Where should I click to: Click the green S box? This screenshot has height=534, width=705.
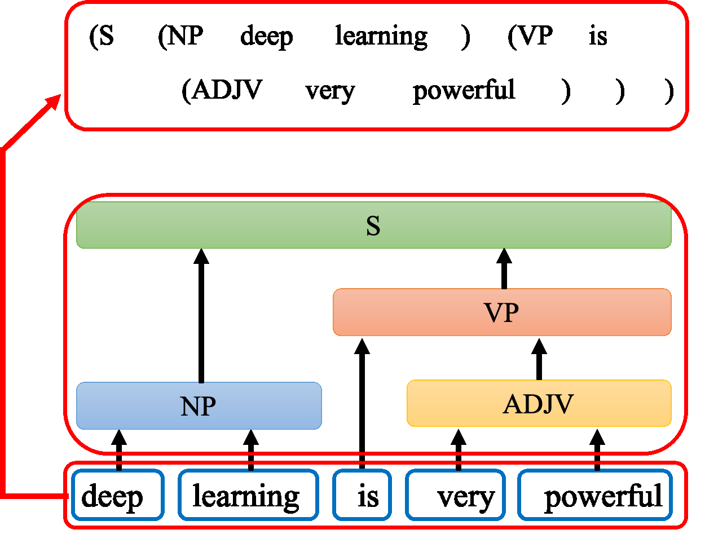[x=373, y=225]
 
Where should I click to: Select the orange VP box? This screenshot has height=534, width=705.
[x=502, y=312]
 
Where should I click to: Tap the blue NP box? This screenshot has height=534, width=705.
[x=199, y=405]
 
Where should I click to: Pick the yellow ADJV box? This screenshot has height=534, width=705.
[x=539, y=403]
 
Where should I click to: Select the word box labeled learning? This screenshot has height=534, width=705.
[x=247, y=495]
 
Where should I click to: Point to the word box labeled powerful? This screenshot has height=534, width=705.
[x=596, y=495]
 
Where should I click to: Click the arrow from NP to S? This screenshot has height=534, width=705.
[x=201, y=316]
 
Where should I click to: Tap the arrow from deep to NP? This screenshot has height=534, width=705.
[x=118, y=449]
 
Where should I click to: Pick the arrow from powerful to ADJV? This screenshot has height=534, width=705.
[x=597, y=449]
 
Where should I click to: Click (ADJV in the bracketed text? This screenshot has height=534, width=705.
[x=222, y=90]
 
